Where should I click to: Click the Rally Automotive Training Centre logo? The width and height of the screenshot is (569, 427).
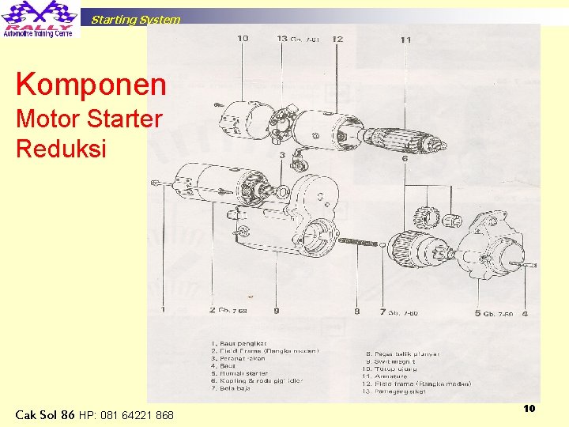pos(40,19)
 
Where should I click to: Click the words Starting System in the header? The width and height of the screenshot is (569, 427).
pos(135,20)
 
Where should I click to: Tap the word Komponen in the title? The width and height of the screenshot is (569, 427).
pos(91,85)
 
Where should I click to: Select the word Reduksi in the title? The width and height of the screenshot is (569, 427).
pos(61,148)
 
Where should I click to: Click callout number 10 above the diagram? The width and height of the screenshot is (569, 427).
pos(243,38)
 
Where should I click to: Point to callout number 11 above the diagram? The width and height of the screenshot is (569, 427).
pos(405,39)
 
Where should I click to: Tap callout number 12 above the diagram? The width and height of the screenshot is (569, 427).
pos(337,38)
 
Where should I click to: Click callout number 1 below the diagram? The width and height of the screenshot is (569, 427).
pos(164,311)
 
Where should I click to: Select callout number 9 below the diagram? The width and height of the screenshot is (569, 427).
pos(276,311)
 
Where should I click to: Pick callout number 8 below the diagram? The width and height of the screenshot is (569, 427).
pos(356,312)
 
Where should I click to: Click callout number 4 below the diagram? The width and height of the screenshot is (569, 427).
pos(525,313)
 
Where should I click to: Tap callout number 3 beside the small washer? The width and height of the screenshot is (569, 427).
pos(282,155)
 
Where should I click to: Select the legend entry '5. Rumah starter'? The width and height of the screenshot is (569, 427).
pos(242,372)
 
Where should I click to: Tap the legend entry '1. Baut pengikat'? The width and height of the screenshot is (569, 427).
pos(239,342)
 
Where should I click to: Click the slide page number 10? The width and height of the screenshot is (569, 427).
pos(529,408)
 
